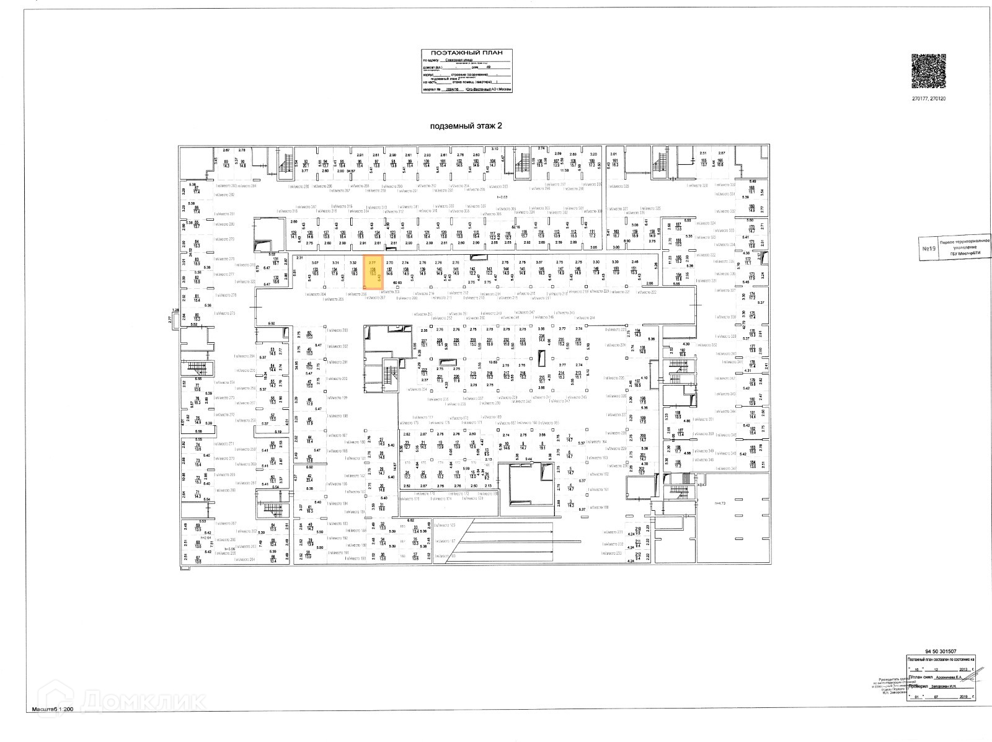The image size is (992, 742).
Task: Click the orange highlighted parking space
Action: tap(373, 273)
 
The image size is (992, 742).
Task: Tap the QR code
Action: tap(929, 73)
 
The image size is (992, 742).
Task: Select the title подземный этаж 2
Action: tap(466, 126)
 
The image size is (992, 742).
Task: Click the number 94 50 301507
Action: tap(940, 651)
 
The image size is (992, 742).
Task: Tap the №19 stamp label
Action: tap(928, 250)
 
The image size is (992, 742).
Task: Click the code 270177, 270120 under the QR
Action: tap(929, 99)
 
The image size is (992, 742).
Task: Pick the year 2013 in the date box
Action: tap(963, 669)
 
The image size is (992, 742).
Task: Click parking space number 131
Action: tap(275, 262)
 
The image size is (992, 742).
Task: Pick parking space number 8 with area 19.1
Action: tap(542, 445)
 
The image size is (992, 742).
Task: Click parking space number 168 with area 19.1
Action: tap(752, 190)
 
